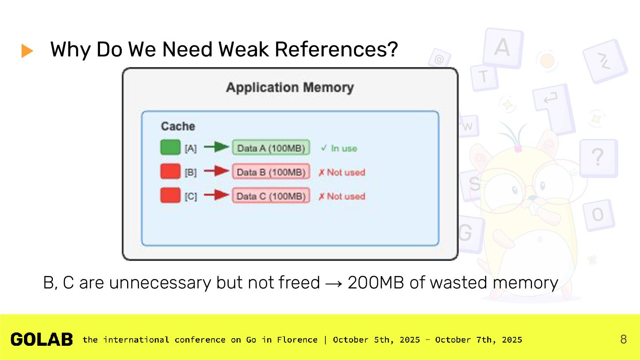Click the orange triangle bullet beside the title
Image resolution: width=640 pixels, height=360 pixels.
pos(27,51)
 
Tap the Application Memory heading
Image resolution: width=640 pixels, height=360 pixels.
pos(290,88)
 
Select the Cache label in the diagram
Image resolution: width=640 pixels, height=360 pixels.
pos(178,126)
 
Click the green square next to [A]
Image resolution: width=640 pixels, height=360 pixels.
pos(170,148)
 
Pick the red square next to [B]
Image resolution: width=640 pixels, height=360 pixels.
pos(170,172)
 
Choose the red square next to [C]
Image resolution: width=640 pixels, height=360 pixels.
pos(170,196)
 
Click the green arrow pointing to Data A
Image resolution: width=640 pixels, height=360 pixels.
pos(216,147)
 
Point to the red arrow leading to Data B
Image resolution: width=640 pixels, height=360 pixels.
pos(216,171)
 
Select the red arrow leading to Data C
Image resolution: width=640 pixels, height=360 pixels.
pos(216,195)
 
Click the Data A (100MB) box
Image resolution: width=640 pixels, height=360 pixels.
pos(271,148)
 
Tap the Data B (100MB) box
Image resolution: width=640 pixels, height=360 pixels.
pos(271,172)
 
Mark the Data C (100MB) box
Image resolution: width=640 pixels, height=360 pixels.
pos(271,196)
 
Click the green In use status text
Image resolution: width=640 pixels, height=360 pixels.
pos(339,148)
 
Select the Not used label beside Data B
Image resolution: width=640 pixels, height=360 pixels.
pos(342,172)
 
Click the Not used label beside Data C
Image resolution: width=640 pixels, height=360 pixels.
pos(342,196)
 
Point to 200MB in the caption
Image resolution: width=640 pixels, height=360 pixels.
pos(376,283)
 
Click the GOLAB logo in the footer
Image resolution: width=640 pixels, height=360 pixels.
pos(42,340)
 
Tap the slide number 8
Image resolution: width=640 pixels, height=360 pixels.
pos(624,340)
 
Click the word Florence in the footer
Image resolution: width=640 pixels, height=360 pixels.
pos(297,340)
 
